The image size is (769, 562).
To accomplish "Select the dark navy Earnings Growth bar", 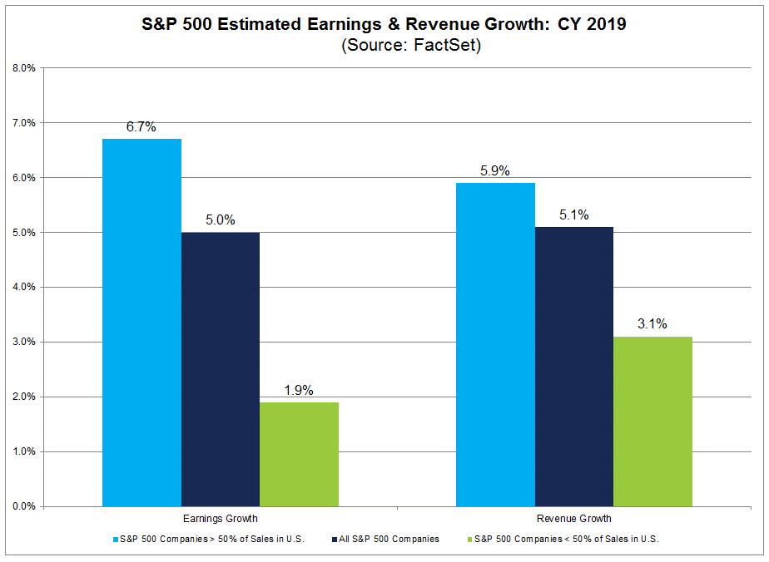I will (x=221, y=369).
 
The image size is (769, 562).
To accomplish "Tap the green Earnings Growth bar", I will (x=299, y=454).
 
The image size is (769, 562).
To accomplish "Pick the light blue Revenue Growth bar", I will (x=496, y=344).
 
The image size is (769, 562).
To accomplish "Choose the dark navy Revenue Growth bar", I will (x=574, y=366).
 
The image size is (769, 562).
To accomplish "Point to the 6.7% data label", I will (x=141, y=127).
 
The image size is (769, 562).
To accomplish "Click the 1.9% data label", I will (x=299, y=390).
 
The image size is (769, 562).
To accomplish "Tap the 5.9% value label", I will (x=496, y=171).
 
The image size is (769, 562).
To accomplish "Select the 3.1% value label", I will (x=652, y=324).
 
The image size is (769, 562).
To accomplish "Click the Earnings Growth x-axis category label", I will (x=220, y=520).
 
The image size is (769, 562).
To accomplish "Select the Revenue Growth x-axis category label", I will (x=574, y=520).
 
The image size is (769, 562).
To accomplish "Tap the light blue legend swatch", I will (x=115, y=540).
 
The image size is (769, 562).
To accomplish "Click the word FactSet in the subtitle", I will (x=449, y=47).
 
